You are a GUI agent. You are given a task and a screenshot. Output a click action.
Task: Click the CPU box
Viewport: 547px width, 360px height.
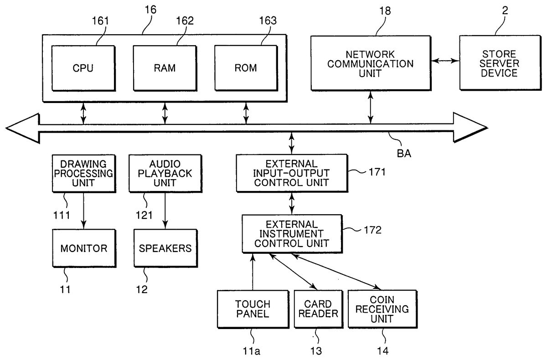point(83,68)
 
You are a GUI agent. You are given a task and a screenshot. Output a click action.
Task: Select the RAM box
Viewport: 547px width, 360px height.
point(165,68)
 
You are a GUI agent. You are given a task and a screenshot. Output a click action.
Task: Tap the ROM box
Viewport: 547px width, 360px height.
point(246,68)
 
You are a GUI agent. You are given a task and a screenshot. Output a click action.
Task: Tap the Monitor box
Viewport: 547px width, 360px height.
point(83,248)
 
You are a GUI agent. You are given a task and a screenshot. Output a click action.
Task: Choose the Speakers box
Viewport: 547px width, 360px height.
point(165,248)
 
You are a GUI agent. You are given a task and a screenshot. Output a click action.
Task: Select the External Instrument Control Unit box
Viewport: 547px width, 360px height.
point(292,233)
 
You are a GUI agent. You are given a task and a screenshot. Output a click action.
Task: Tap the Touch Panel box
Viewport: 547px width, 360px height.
point(253,309)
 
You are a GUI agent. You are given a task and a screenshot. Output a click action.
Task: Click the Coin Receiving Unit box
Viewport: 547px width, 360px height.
point(382,309)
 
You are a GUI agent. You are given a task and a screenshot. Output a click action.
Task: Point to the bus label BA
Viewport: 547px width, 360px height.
point(404,153)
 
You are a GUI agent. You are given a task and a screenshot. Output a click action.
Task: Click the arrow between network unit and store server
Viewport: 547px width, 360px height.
point(444,61)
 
